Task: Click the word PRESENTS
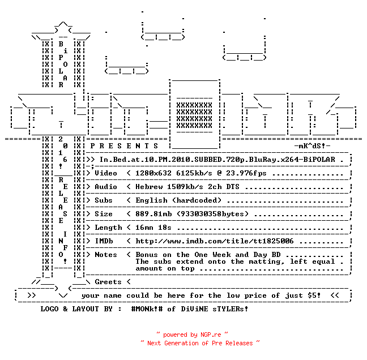124,146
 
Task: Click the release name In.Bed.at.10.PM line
217,160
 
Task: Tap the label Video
106,173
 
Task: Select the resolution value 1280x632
153,173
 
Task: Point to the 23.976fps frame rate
246,173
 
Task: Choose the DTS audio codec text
233,187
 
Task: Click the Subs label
104,200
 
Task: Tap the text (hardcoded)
197,200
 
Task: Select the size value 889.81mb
153,214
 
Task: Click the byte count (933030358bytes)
212,214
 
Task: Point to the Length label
108,228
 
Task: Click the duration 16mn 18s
153,228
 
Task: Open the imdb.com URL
215,241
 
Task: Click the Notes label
106,255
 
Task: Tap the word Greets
108,282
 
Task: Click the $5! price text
314,295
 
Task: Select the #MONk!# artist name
147,309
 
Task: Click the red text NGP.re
211,335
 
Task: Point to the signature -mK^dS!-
312,146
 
